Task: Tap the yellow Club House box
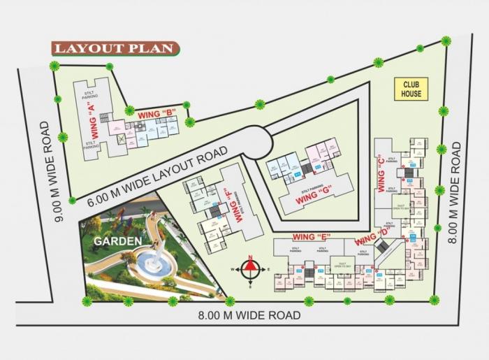[411, 89]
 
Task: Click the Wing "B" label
[156, 113]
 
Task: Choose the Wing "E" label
[310, 236]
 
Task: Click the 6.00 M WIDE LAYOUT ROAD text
[158, 175]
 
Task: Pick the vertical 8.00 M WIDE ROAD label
[455, 192]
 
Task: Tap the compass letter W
[235, 268]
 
